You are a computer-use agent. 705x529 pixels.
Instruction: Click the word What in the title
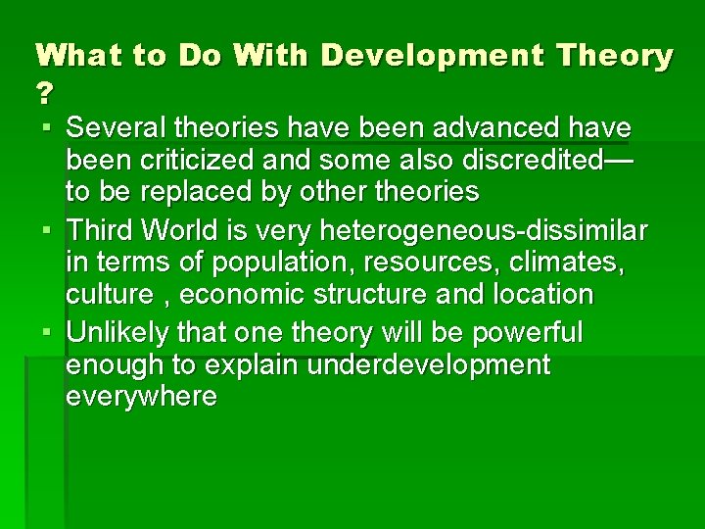pyautogui.click(x=76, y=56)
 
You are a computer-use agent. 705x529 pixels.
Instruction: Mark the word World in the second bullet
pyautogui.click(x=191, y=231)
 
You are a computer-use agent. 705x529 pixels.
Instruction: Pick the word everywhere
pyautogui.click(x=141, y=397)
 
